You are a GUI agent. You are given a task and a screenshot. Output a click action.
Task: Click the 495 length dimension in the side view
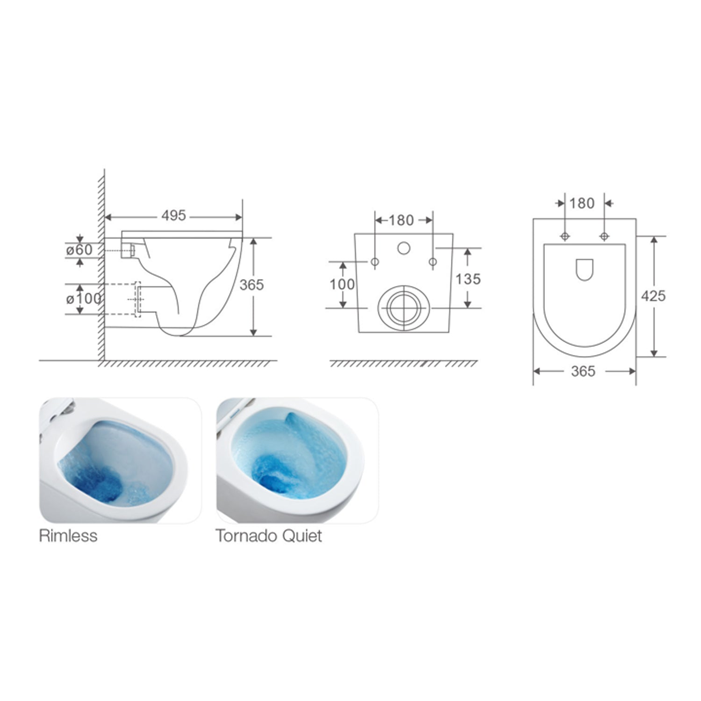point(173,216)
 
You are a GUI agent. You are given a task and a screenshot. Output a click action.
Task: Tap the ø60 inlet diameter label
point(79,250)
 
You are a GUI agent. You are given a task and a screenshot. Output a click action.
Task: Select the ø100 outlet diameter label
point(84,298)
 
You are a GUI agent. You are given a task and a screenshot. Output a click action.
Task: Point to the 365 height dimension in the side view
point(251,285)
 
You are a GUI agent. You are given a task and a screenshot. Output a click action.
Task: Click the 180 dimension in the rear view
point(401,220)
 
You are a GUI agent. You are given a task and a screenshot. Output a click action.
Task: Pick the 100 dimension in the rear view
point(342,284)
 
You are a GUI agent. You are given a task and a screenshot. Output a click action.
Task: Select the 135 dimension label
point(468,279)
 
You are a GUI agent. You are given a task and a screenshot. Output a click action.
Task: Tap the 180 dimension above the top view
point(582,203)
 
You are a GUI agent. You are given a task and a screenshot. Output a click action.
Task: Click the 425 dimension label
point(653,296)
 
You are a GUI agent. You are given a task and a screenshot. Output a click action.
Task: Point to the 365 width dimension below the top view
point(583,372)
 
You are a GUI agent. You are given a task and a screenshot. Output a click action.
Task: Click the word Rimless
point(68,536)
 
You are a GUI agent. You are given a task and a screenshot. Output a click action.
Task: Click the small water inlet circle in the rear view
point(404,248)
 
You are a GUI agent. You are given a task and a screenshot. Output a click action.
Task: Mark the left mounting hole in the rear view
point(375,262)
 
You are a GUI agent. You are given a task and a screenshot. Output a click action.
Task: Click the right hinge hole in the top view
point(604,236)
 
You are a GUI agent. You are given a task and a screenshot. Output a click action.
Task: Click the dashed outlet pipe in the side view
point(137,299)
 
